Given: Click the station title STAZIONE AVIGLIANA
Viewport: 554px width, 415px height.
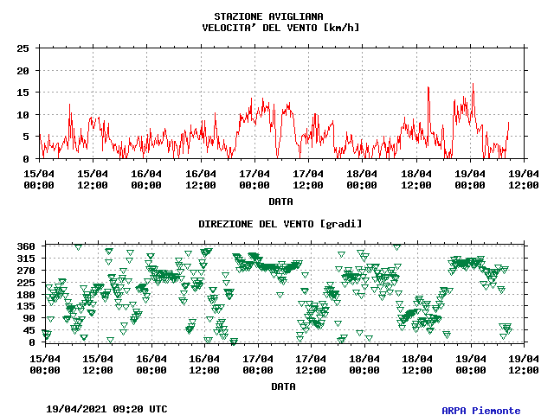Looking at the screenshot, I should pyautogui.click(x=268, y=16).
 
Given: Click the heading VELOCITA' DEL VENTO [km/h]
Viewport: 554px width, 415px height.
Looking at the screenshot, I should pyautogui.click(x=280, y=27).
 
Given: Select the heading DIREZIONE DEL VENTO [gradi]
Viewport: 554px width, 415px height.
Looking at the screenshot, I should pyautogui.click(x=280, y=224).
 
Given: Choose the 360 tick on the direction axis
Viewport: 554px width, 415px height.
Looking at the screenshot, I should pyautogui.click(x=25, y=246).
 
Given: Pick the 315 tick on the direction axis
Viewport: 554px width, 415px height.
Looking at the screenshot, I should pyautogui.click(x=25, y=259).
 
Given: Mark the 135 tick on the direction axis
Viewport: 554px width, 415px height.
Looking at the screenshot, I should pyautogui.click(x=25, y=306).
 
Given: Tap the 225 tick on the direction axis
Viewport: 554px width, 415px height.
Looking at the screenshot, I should pyautogui.click(x=25, y=282).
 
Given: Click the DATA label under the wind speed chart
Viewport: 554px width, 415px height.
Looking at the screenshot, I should pyautogui.click(x=280, y=201).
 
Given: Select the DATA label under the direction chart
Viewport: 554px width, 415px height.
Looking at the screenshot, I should pyautogui.click(x=280, y=386).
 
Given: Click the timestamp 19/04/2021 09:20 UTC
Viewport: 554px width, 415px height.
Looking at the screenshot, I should pyautogui.click(x=106, y=409).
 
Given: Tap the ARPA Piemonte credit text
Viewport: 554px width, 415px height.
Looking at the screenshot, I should pyautogui.click(x=481, y=411).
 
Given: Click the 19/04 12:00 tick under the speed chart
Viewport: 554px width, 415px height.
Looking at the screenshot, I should pyautogui.click(x=524, y=178).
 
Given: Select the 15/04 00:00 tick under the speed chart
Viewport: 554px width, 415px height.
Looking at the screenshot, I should pyautogui.click(x=40, y=178).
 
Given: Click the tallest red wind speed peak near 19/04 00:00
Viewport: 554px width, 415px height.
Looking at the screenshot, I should pyautogui.click(x=473, y=84).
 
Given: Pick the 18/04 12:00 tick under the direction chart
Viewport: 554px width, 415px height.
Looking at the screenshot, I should pyautogui.click(x=417, y=363).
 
